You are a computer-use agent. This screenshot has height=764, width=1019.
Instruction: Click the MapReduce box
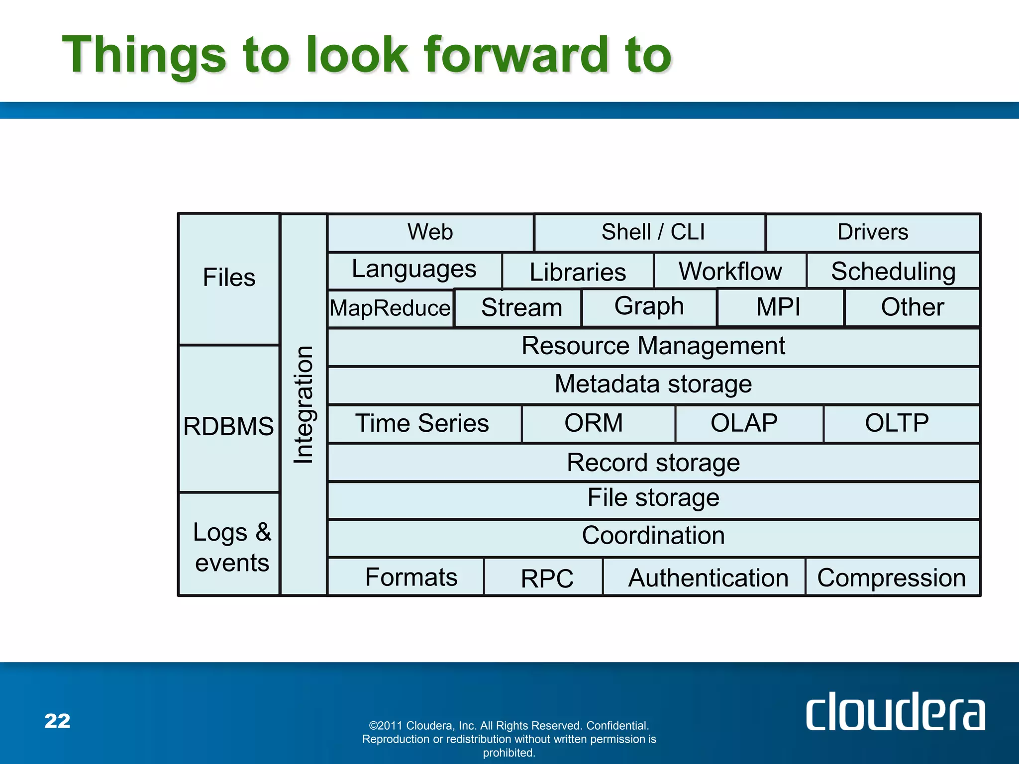391,308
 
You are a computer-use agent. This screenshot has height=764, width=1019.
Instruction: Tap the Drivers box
873,232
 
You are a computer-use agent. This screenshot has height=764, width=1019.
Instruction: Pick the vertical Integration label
304,404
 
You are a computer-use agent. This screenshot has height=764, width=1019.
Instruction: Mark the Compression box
892,577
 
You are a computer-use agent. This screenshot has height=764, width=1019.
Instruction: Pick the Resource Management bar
653,347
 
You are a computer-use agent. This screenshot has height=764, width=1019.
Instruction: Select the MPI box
780,307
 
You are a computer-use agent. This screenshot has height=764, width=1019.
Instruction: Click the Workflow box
729,271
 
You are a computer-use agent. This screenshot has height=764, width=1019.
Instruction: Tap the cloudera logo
895,712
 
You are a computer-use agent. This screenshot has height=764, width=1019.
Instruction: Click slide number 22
57,721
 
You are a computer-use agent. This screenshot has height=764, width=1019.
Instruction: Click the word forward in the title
516,55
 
